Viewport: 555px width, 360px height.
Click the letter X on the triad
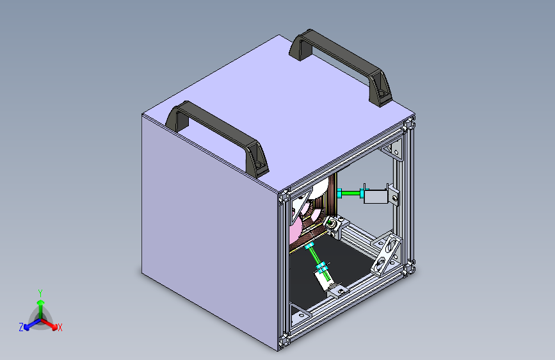point(60,328)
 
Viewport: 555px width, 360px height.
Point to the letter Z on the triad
point(21,327)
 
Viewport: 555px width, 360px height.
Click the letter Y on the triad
point(40,293)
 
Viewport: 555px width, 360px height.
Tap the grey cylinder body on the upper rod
point(374,197)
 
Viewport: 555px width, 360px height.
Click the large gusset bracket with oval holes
point(387,254)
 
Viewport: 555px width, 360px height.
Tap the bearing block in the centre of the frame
point(333,225)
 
